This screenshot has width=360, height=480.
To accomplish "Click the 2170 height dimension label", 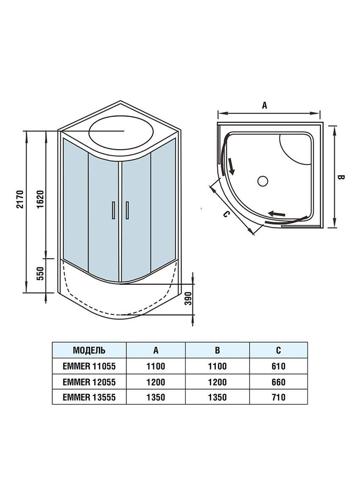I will click(x=20, y=199).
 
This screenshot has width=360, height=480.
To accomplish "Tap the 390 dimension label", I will click(x=188, y=298).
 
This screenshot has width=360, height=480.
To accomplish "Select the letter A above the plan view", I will click(x=265, y=105).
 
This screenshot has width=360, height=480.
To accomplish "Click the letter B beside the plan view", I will click(x=342, y=177).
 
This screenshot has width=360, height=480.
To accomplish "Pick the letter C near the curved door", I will click(x=226, y=214).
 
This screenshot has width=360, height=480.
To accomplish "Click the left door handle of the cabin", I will click(x=113, y=210).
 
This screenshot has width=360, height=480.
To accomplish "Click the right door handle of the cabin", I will click(x=127, y=210).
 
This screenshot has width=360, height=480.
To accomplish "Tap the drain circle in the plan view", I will click(x=263, y=181).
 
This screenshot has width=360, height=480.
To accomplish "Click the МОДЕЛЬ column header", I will click(x=89, y=350).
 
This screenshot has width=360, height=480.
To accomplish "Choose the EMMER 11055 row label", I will click(x=89, y=366).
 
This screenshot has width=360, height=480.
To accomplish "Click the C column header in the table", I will click(x=278, y=350).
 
